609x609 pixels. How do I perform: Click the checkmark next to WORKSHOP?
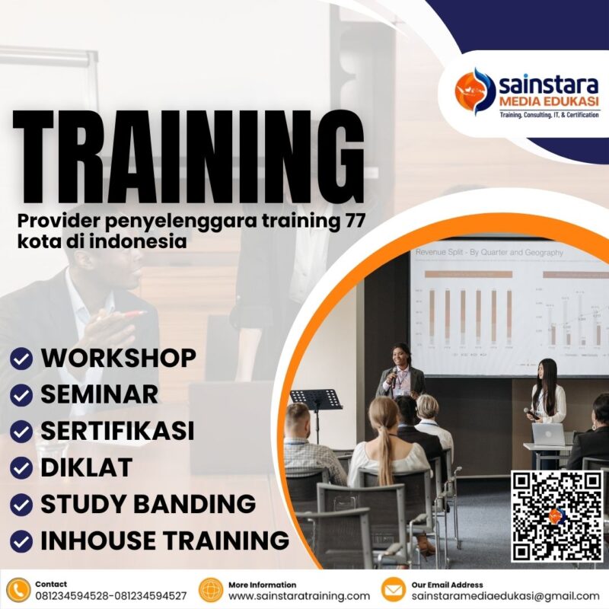pos(22,359)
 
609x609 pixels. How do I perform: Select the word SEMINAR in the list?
pos(99,394)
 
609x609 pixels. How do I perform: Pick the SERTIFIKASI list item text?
pos(117,431)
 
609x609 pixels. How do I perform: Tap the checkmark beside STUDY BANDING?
pos(22,504)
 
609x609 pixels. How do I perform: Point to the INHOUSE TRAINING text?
pos(164,540)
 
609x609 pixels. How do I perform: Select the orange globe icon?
pos(211,590)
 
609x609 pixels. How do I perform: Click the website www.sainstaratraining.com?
pos(299,596)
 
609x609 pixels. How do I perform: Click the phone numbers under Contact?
pos(111,596)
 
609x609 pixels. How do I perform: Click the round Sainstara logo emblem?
pos(475,91)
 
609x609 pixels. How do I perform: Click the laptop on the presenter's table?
pos(548,435)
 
